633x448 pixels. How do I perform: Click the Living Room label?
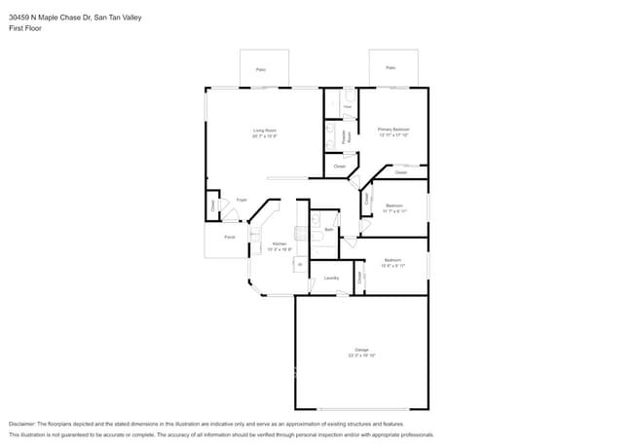pos(265,130)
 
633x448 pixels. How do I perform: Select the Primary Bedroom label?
pos(393,129)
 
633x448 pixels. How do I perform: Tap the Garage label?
pos(361,350)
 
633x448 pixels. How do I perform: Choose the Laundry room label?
pos(331,279)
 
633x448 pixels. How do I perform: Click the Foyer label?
pos(242,200)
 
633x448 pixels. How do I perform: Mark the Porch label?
pos(230,237)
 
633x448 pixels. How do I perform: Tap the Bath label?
pos(329,229)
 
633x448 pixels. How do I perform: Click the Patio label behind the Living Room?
pos(261,69)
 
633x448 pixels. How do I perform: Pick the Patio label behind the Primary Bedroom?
pos(391,68)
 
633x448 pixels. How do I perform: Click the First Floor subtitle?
pos(26,28)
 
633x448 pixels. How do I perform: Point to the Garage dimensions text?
pos(361,355)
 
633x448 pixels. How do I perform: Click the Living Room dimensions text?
pos(265,135)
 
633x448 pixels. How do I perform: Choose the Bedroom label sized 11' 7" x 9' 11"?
pos(393,205)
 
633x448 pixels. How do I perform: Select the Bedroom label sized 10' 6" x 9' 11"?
pos(392,260)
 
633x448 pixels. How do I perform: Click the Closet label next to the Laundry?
pos(359,278)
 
